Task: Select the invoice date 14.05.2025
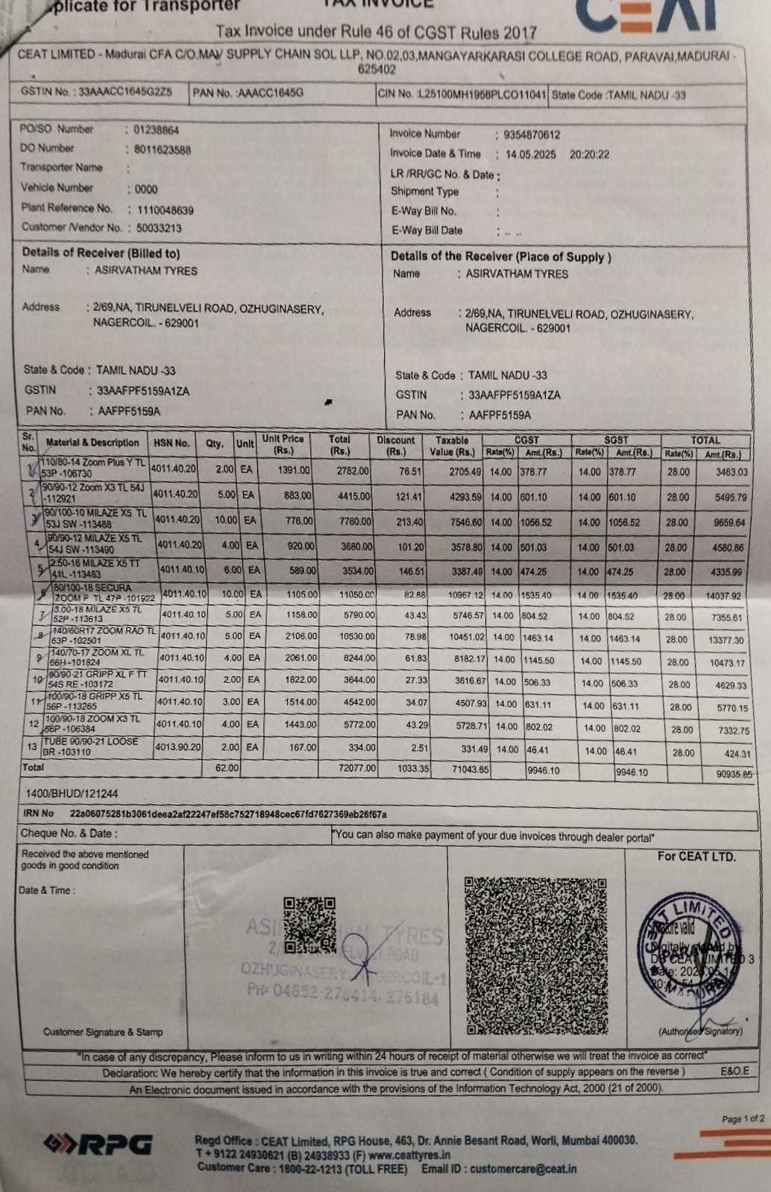[530, 154]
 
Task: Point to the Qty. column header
[215, 444]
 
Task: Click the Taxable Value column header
[452, 446]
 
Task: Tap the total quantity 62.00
[226, 767]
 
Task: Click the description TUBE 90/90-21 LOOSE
[92, 742]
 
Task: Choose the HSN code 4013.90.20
[177, 746]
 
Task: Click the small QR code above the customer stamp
[309, 924]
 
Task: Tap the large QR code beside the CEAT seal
[536, 955]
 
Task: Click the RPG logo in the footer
[98, 1144]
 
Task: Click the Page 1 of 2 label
[743, 1119]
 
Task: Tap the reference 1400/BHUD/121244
[72, 794]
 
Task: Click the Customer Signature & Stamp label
[103, 1032]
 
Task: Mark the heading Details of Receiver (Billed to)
[101, 253]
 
